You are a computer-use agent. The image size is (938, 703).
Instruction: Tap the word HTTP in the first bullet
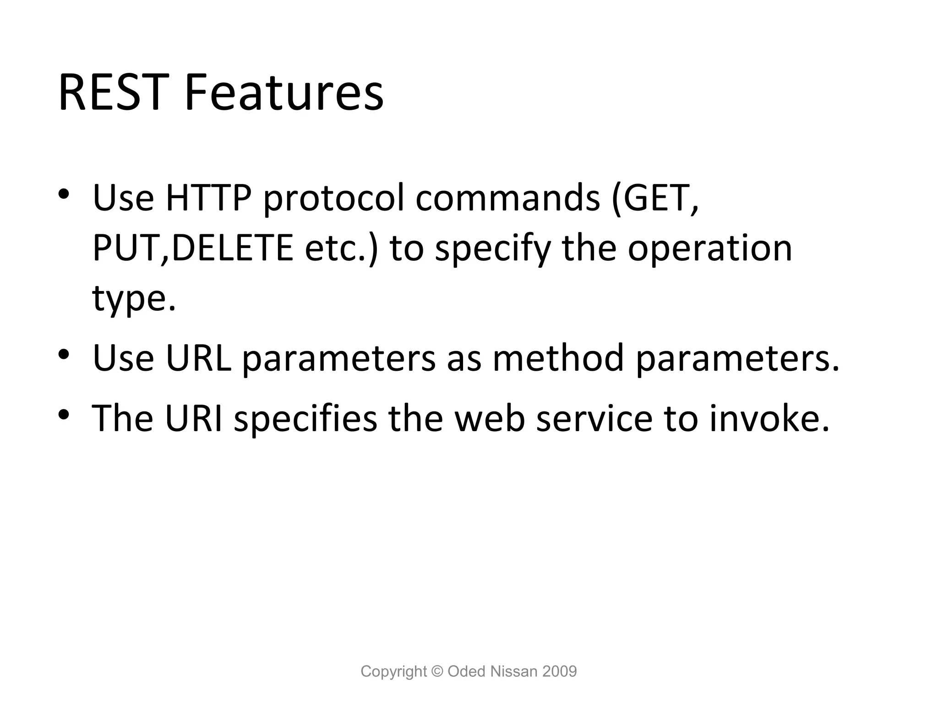tap(208, 198)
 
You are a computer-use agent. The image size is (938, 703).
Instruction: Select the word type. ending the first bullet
tap(134, 300)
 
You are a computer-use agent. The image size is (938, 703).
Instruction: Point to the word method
tap(558, 358)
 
